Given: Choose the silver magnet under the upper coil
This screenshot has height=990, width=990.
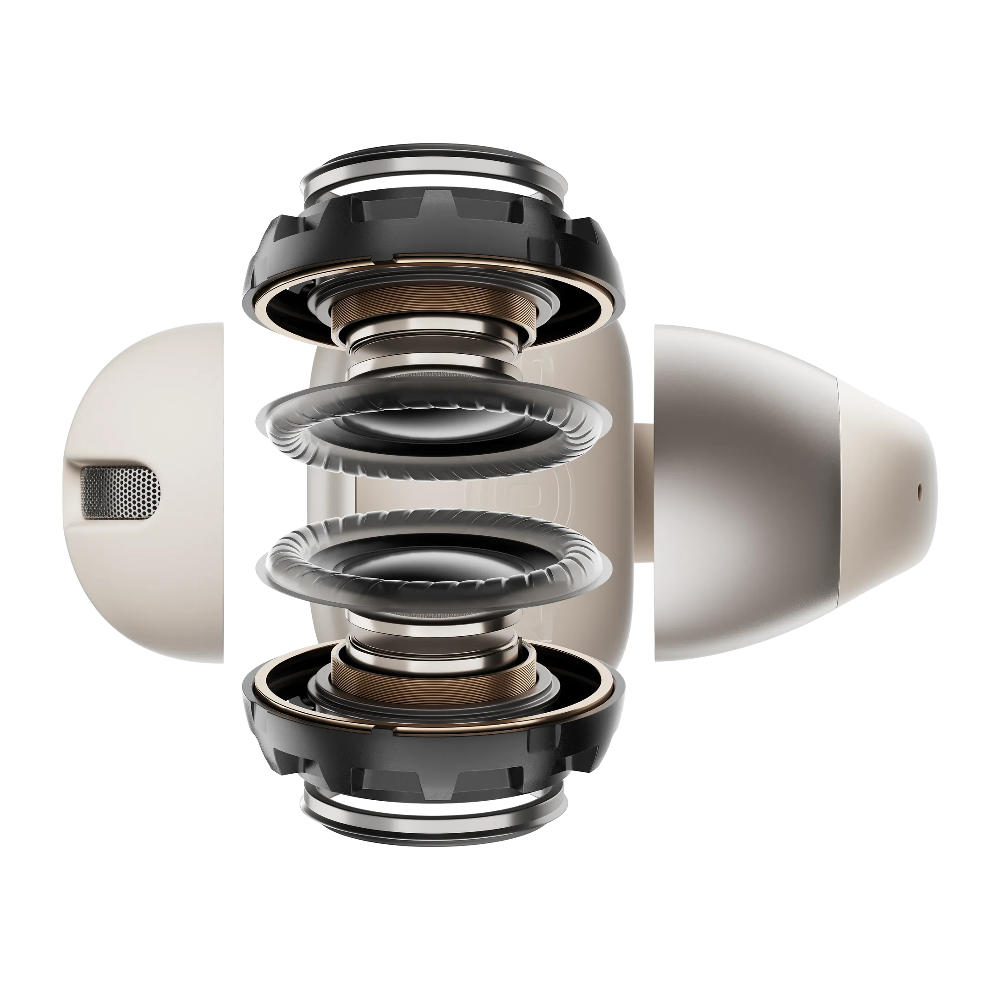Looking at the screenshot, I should coord(433,342).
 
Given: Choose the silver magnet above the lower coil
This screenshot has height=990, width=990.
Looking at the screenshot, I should coord(433,641).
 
